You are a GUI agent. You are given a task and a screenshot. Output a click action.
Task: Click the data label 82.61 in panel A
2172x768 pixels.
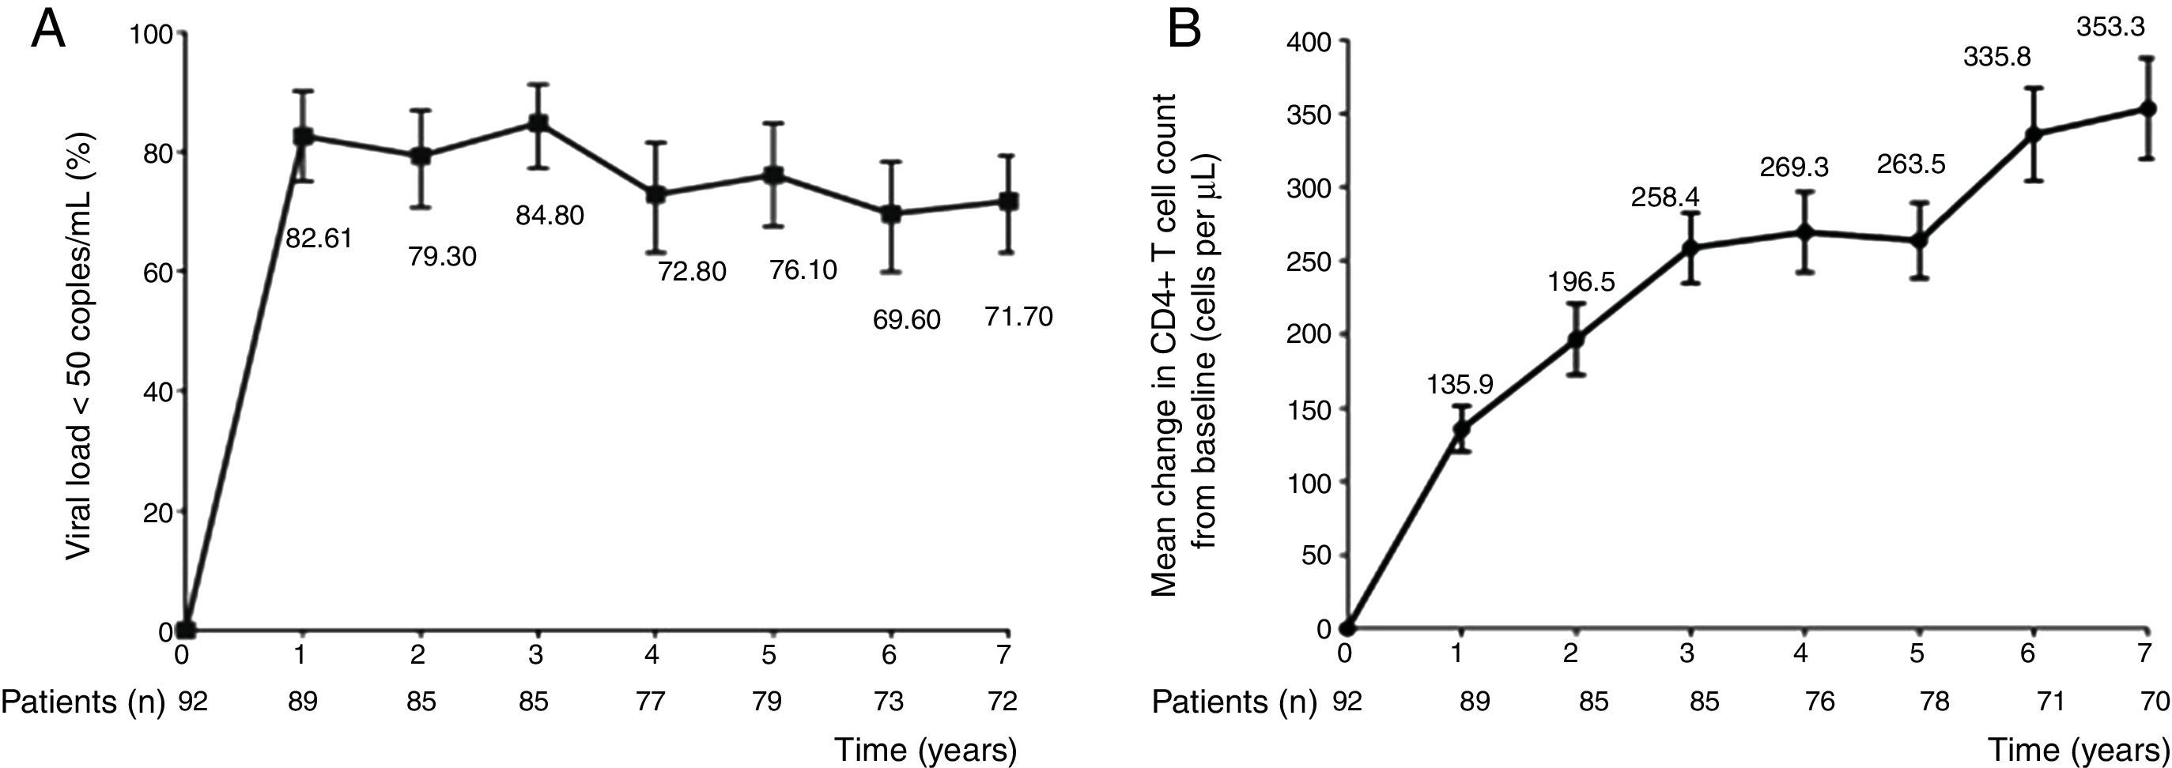[318, 239]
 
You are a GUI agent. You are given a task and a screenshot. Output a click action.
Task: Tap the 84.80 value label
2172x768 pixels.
[550, 216]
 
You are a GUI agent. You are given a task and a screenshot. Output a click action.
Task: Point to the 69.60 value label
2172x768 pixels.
[906, 320]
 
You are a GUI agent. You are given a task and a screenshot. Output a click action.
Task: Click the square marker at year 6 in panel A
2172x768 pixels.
[890, 214]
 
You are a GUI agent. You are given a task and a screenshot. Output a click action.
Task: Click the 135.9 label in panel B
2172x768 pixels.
[1460, 385]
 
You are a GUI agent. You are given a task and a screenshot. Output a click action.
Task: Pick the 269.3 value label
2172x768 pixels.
[1794, 168]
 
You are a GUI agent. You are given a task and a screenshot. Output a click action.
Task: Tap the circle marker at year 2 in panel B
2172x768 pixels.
[1575, 339]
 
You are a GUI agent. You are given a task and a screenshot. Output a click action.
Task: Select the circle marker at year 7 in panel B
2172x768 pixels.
[2148, 133]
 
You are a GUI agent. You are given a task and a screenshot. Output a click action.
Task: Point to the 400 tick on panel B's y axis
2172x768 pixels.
[1309, 41]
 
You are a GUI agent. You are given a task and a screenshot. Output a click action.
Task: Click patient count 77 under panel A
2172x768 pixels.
[652, 702]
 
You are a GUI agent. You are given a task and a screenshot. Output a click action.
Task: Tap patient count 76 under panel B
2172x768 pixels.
[1819, 702]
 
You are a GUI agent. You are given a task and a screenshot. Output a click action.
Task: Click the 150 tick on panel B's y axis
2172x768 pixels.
[1309, 408]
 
